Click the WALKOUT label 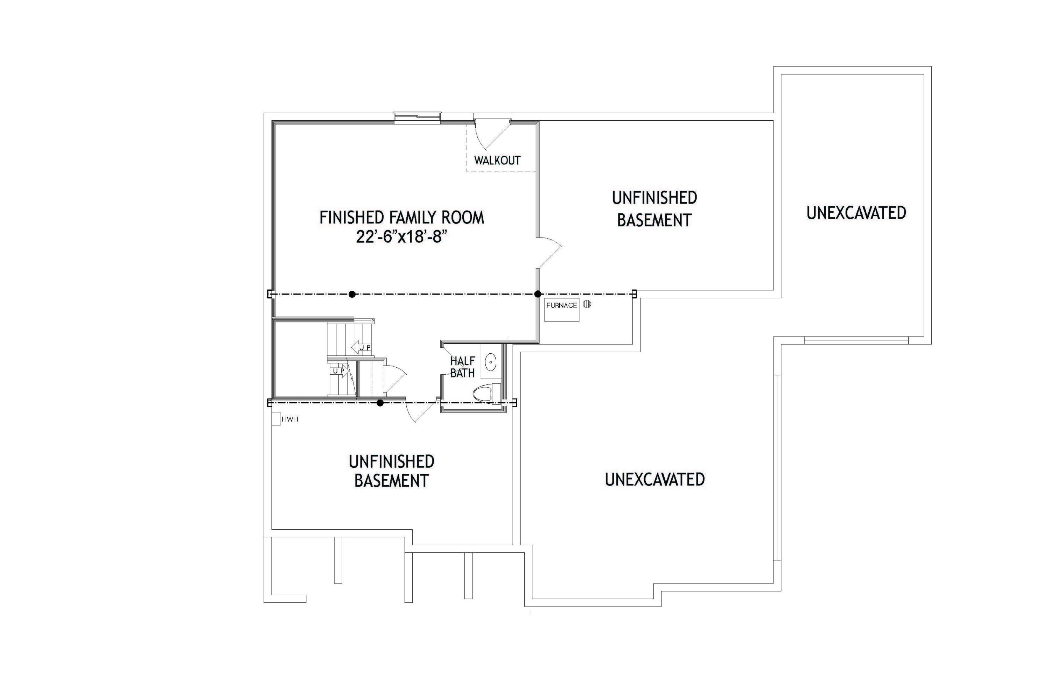pyautogui.click(x=497, y=161)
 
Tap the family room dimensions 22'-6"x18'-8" pyautogui.click(x=401, y=238)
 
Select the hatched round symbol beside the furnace pyautogui.click(x=587, y=304)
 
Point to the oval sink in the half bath pyautogui.click(x=491, y=362)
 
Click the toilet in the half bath pyautogui.click(x=487, y=393)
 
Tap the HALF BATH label pyautogui.click(x=462, y=367)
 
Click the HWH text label pyautogui.click(x=290, y=419)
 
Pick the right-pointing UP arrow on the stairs pyautogui.click(x=340, y=371)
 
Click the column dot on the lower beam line pyautogui.click(x=380, y=403)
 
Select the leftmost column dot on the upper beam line pyautogui.click(x=352, y=294)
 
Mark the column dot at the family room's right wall pyautogui.click(x=537, y=294)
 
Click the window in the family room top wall pyautogui.click(x=417, y=116)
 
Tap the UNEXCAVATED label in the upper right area pyautogui.click(x=856, y=213)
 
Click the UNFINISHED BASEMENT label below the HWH pyautogui.click(x=391, y=471)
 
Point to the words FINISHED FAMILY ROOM pyautogui.click(x=401, y=218)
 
